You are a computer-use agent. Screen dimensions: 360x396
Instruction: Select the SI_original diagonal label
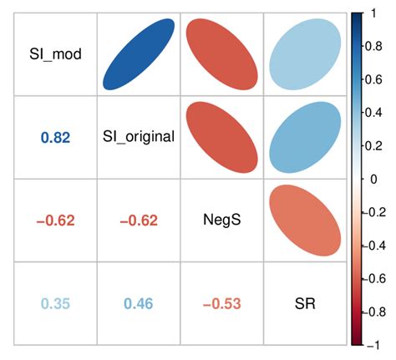[139, 137]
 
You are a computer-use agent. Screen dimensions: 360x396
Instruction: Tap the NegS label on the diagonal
[221, 220]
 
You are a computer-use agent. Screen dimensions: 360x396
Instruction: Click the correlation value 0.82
[55, 137]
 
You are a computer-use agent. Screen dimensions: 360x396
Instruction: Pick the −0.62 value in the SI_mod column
[55, 220]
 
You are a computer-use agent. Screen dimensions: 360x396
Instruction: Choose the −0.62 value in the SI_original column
[139, 220]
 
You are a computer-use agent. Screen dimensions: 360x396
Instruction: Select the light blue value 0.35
[55, 302]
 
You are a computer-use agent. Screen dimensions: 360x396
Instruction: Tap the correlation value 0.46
[139, 302]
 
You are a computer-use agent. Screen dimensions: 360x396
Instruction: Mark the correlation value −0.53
[221, 302]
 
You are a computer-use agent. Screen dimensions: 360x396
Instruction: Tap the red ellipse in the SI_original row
[221, 137]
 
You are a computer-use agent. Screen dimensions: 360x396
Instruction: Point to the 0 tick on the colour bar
[374, 179]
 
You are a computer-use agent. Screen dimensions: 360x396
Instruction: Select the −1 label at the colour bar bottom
[376, 343]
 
